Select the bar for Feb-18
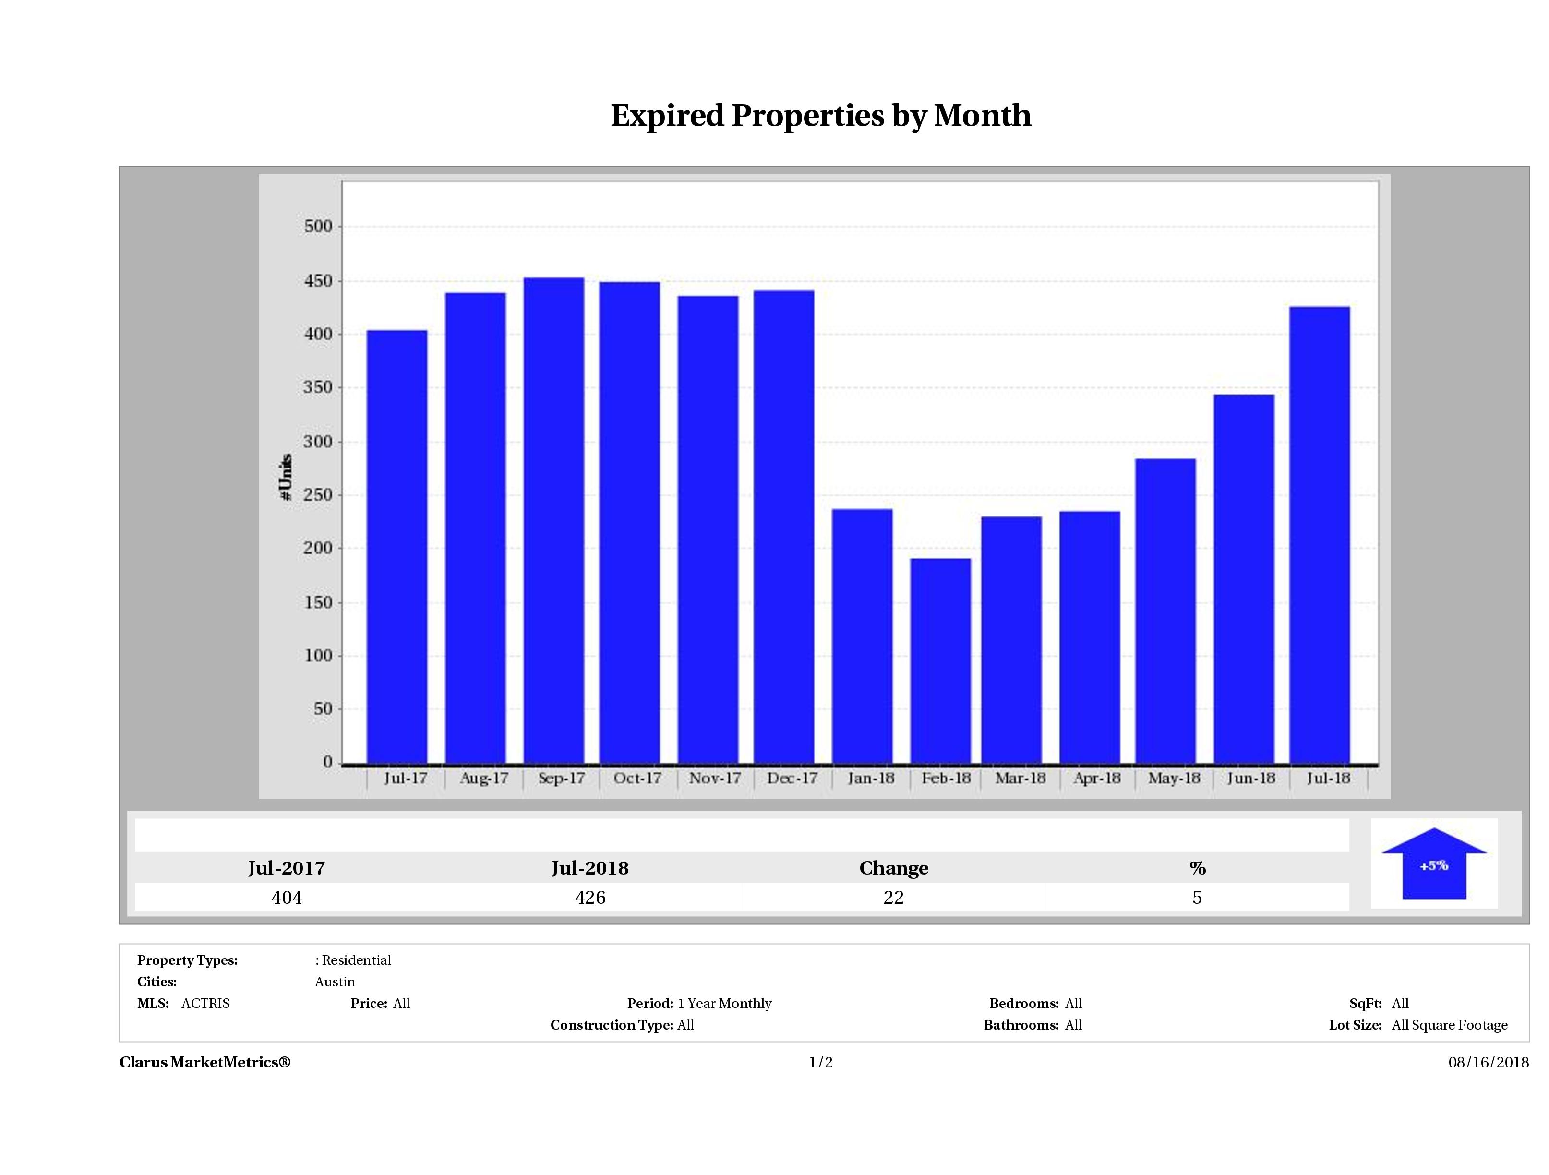[x=940, y=660]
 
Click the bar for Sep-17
[x=554, y=520]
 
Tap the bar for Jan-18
[x=862, y=636]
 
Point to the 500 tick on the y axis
[x=318, y=226]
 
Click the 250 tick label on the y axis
[x=318, y=495]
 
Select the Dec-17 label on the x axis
[x=792, y=778]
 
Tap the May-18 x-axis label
[x=1174, y=778]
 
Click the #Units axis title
[x=286, y=477]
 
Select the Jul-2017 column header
[x=287, y=868]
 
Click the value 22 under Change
[x=894, y=898]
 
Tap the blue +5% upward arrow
[x=1433, y=865]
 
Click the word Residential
[x=357, y=960]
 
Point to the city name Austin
[x=335, y=982]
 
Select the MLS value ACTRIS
[x=205, y=1004]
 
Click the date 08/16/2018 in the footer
[x=1488, y=1062]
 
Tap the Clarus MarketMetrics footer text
[x=204, y=1062]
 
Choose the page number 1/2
[x=821, y=1062]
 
